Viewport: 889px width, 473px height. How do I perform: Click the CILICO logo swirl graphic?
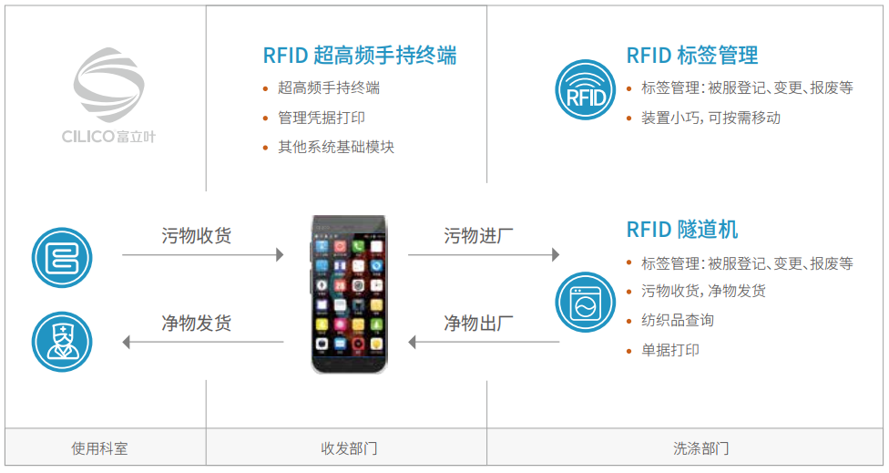tap(109, 85)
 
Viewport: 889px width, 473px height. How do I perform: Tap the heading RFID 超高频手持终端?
tap(360, 56)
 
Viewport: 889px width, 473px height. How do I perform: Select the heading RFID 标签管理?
tap(691, 56)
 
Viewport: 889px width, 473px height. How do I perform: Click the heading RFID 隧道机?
tap(682, 230)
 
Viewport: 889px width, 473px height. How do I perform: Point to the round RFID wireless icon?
tap(585, 89)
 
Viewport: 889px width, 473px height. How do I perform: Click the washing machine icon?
tap(585, 302)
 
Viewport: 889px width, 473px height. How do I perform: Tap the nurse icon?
tap(62, 342)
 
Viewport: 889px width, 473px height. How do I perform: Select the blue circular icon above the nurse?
tap(62, 258)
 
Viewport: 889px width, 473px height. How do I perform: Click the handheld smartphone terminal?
tap(349, 293)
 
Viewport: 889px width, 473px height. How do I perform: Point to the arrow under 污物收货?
tap(202, 254)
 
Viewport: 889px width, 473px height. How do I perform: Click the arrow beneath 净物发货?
tap(202, 342)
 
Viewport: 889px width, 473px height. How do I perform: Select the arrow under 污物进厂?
tap(484, 254)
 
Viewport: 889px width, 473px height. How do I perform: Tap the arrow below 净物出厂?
tap(484, 342)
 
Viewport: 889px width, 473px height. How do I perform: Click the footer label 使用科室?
tap(100, 448)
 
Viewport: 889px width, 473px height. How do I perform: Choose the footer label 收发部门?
tap(349, 448)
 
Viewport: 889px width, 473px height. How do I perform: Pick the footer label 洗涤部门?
tap(701, 448)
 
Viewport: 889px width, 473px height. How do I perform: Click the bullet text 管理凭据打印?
tap(322, 118)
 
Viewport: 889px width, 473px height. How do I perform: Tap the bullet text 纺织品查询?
tap(678, 321)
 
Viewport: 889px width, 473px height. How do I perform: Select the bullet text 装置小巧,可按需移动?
tap(711, 118)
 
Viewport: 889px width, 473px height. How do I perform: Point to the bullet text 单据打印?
tap(670, 350)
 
